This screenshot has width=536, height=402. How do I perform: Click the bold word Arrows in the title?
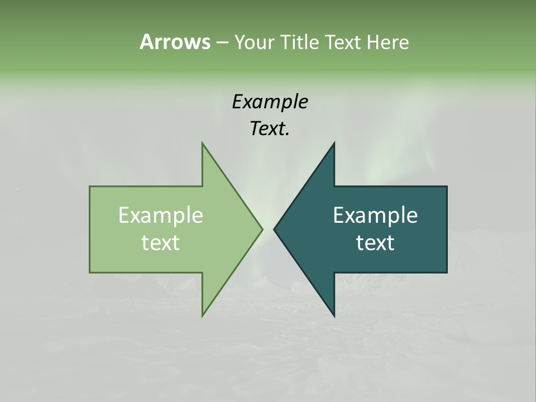pos(175,42)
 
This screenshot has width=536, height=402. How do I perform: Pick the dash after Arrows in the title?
pos(222,42)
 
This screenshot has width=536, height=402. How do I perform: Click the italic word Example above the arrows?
pos(270,102)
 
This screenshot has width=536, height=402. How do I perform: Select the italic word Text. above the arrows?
pos(270,128)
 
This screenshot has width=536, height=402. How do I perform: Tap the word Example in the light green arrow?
pos(161,216)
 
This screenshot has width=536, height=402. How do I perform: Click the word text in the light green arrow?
pos(161,242)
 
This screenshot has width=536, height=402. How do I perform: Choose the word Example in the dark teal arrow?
pos(375,216)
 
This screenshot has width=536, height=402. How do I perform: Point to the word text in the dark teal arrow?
pos(375,242)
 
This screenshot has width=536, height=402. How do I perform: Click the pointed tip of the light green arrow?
pos(261,229)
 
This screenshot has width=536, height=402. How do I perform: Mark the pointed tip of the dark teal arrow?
pos(275,229)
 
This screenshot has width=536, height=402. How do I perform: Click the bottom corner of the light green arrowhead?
pos(203,315)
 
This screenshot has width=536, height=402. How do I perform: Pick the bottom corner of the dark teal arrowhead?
pos(334,315)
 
